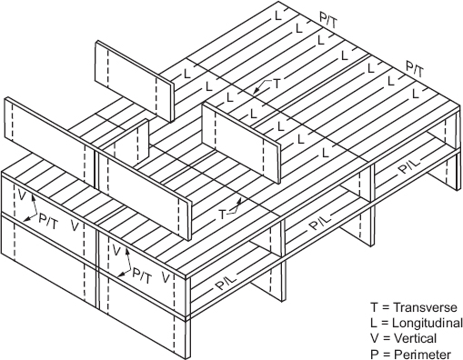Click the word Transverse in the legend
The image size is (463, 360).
425,307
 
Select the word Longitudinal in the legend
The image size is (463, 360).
428,323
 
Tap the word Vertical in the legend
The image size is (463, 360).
415,338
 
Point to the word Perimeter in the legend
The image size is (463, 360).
422,354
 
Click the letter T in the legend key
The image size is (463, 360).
374,307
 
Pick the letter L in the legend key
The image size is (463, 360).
374,323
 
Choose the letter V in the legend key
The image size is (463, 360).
374,338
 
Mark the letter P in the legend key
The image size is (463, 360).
374,354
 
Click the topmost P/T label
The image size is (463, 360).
328,21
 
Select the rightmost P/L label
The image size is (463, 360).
410,165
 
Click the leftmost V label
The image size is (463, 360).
21,195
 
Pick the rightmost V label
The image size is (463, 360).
166,277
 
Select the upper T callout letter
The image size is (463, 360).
277,84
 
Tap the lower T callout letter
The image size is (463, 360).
223,215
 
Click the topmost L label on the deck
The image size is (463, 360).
278,16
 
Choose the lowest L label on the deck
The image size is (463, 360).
326,153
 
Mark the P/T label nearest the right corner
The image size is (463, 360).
415,69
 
